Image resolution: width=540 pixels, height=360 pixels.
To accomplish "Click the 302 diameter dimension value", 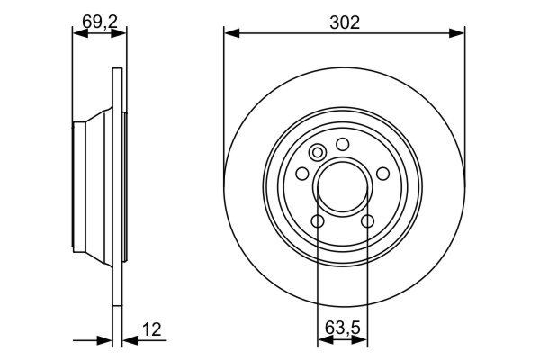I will click(345, 22).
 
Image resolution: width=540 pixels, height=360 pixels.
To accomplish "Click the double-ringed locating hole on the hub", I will click(316, 152).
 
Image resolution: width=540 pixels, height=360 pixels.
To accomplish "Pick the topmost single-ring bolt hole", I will click(343, 143).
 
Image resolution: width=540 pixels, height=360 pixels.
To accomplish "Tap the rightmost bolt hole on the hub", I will click(383, 173).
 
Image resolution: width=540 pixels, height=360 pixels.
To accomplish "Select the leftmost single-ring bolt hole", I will click(302, 173).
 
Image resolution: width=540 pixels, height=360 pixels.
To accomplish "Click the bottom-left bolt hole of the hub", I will click(318, 220).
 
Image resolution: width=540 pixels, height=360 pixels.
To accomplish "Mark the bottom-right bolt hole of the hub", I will click(367, 220).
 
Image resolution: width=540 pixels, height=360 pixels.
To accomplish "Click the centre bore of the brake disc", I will click(343, 186).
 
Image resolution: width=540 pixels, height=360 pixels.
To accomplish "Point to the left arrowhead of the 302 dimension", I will click(230, 33).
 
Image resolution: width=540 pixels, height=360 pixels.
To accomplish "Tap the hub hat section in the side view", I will click(90, 186).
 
